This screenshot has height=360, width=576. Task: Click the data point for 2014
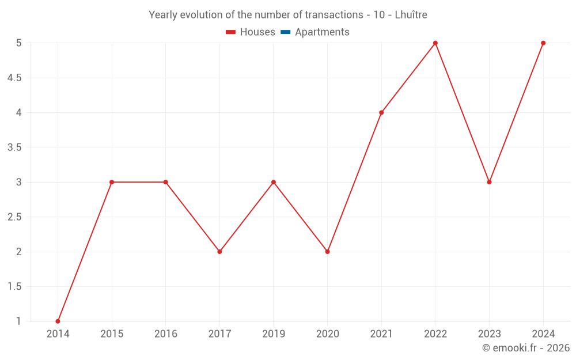58,321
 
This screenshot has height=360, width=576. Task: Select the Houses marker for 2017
219,252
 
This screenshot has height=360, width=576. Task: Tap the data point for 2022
435,43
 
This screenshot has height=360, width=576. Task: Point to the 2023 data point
489,182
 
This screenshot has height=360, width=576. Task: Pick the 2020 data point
327,252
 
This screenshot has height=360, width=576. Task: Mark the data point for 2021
381,112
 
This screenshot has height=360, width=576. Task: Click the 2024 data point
543,43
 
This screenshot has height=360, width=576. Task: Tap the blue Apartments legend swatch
285,32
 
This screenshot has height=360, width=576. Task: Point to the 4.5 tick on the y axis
14,78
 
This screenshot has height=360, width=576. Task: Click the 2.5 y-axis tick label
14,217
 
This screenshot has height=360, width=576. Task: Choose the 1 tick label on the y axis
19,321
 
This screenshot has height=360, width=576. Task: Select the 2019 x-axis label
274,334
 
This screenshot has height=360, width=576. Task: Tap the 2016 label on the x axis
165,334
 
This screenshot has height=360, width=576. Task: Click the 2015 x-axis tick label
112,334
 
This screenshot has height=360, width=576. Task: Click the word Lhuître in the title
411,15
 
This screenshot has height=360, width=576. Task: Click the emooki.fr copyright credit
526,348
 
